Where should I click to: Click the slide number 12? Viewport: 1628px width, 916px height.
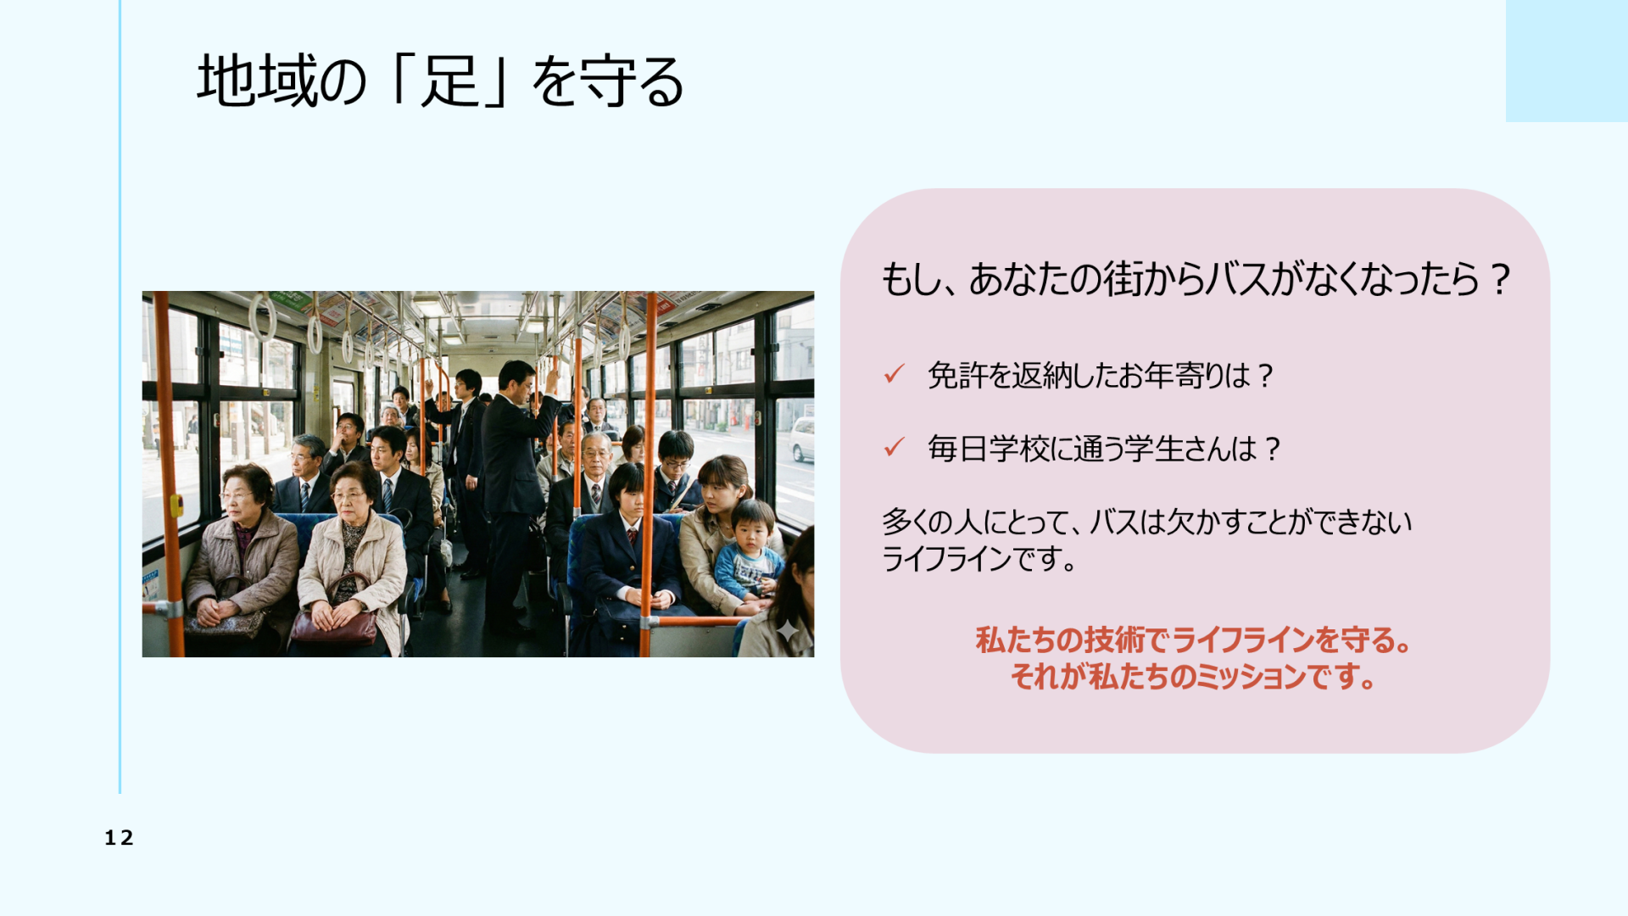tap(119, 838)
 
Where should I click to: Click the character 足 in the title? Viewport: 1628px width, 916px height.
tap(450, 81)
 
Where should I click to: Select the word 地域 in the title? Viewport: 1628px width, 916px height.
tap(255, 81)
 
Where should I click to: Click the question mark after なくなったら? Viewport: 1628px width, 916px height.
tap(1499, 279)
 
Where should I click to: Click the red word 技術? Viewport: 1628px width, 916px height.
tap(1110, 640)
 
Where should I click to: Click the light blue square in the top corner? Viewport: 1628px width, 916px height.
tap(1567, 60)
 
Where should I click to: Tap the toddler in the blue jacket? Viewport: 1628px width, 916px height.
tap(748, 551)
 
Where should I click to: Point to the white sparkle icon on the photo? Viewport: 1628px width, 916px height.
tap(788, 630)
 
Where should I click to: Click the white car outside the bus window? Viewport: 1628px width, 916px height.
tap(802, 438)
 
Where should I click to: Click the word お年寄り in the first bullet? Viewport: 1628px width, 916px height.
tap(1174, 375)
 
